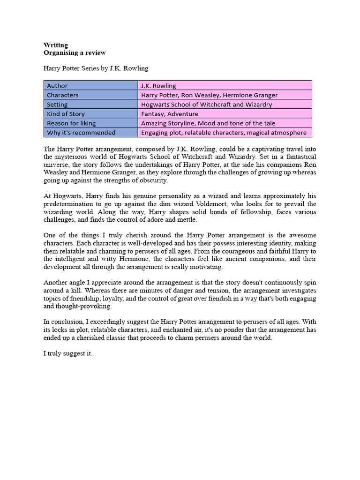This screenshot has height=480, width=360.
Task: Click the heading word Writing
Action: (56, 45)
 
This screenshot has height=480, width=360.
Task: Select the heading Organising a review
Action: (75, 52)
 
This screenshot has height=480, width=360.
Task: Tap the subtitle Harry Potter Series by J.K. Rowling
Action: (96, 68)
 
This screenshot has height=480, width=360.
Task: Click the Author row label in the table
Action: (57, 85)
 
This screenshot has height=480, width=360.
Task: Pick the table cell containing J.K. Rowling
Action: (158, 85)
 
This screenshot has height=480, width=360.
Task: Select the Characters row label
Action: (63, 95)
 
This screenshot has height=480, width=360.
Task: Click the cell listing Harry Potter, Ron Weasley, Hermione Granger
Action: (209, 95)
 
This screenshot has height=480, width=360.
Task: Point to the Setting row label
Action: (57, 104)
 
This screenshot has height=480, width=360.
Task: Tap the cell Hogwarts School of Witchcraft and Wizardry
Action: (206, 104)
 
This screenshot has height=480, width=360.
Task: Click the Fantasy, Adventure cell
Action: (169, 113)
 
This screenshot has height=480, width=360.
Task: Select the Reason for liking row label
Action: (71, 123)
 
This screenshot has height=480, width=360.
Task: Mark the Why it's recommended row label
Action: (81, 132)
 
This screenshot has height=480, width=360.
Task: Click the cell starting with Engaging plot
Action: (224, 132)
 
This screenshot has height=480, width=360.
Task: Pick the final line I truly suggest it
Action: (68, 353)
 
